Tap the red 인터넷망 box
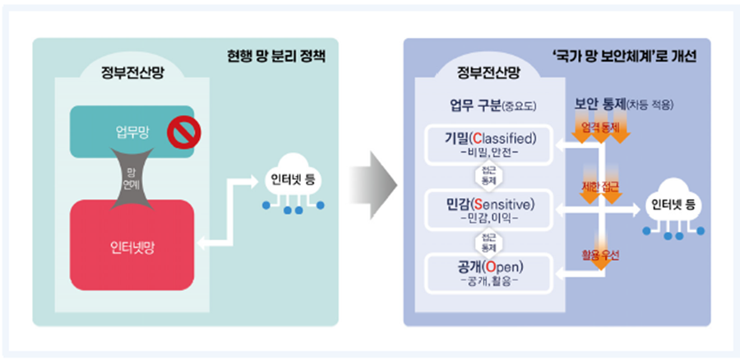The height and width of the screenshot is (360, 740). [132, 245]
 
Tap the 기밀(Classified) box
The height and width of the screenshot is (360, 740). [489, 144]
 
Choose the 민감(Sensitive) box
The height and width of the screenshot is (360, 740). [489, 210]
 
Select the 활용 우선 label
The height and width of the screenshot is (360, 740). [600, 255]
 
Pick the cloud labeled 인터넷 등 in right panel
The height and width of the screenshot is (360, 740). [678, 205]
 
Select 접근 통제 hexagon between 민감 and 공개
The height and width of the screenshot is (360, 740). [488, 242]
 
